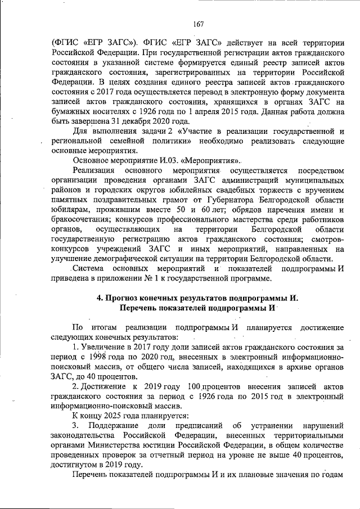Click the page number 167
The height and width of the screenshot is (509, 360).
[x=197, y=24]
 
